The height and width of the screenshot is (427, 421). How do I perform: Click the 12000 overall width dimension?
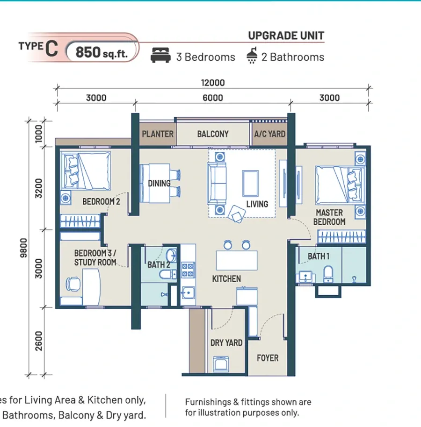(x=213, y=83)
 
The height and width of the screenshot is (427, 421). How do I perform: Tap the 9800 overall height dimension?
(x=24, y=248)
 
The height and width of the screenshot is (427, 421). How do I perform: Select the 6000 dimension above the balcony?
(x=213, y=98)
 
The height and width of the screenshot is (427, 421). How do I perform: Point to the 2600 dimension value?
(x=39, y=341)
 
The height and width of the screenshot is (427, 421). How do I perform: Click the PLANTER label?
(x=158, y=134)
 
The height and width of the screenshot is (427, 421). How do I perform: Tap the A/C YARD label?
(x=269, y=134)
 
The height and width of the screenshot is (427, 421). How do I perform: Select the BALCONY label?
(x=213, y=134)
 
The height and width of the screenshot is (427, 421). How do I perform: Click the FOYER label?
(x=268, y=358)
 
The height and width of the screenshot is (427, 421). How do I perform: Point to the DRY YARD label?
(x=226, y=342)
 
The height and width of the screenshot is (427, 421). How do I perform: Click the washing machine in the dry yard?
(x=221, y=363)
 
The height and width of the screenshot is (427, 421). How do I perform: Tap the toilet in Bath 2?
(x=167, y=274)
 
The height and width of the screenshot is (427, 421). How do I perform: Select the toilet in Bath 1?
(x=328, y=274)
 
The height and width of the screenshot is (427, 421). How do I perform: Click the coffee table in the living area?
(x=250, y=183)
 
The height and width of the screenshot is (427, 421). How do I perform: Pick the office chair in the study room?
(x=73, y=284)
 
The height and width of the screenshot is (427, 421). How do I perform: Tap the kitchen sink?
(x=188, y=293)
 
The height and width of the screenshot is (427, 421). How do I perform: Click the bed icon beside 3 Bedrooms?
(x=160, y=55)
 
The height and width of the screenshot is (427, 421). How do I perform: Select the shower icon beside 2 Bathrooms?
(x=252, y=55)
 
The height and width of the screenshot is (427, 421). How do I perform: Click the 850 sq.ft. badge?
(x=102, y=52)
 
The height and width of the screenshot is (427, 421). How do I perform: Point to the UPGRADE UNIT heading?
(x=286, y=36)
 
